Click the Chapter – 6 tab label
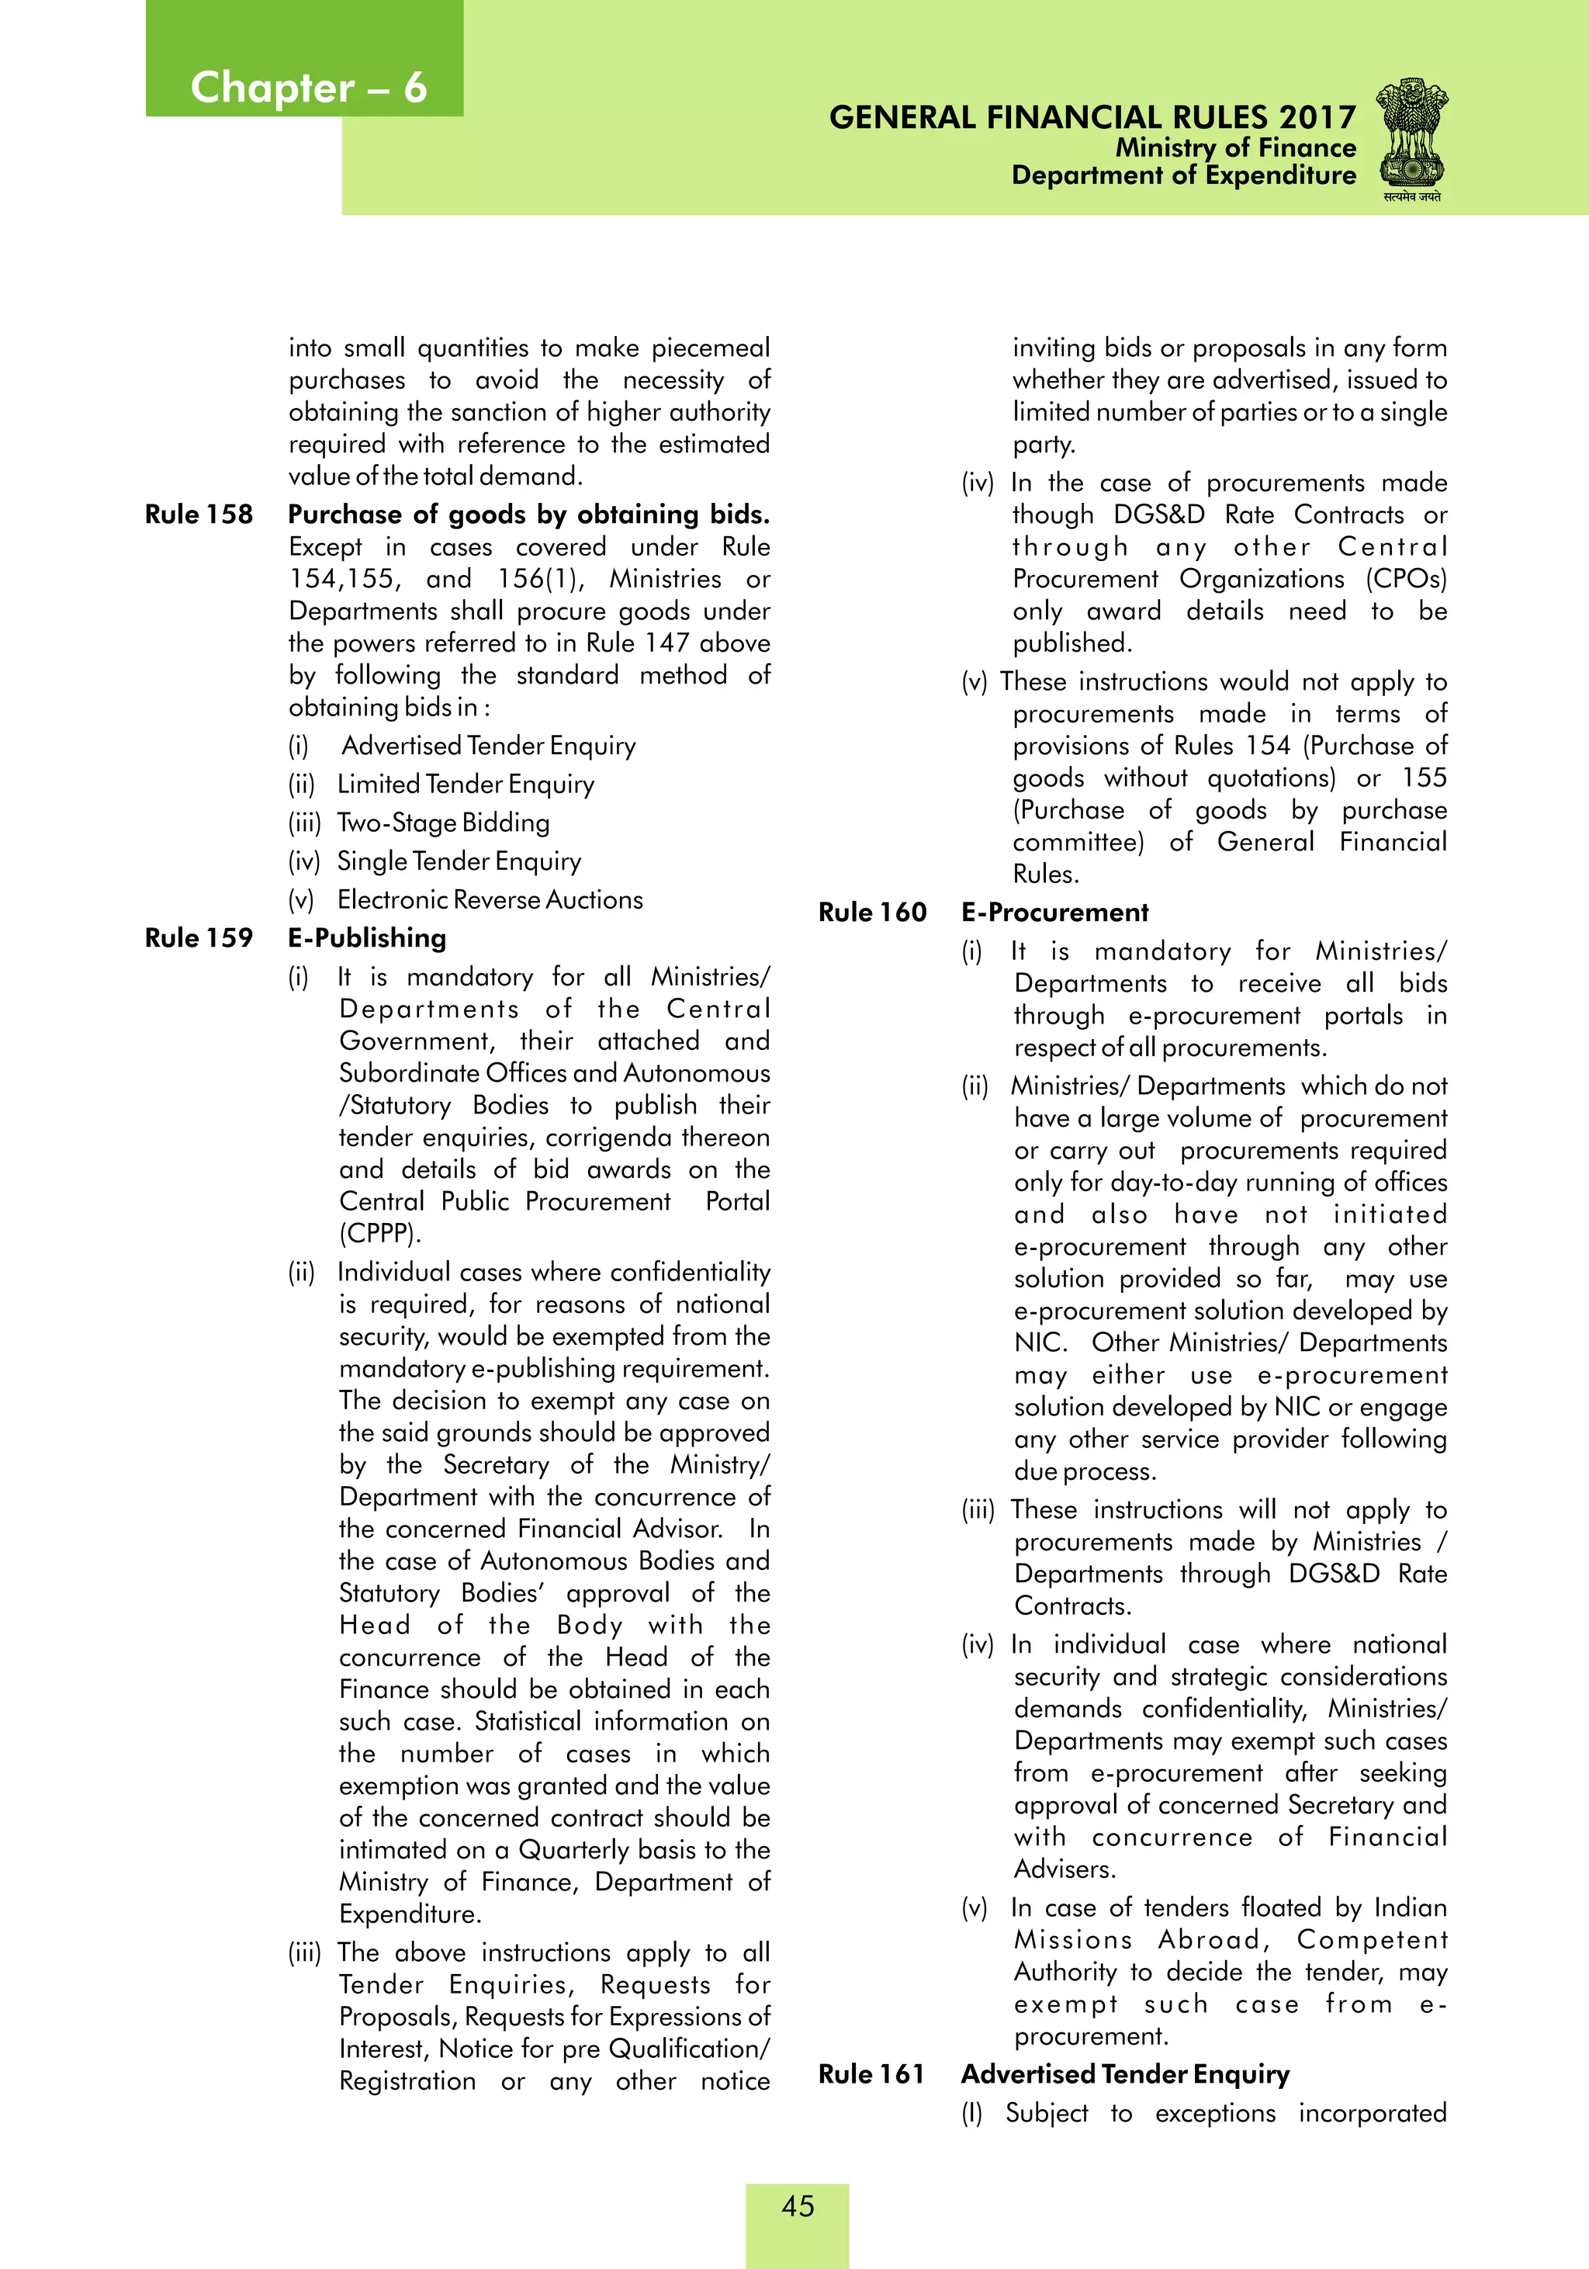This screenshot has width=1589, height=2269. coord(307,87)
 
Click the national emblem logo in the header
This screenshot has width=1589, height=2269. coord(1412,137)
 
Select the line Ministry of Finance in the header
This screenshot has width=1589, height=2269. coord(1235,147)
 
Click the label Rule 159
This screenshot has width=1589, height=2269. coord(199,938)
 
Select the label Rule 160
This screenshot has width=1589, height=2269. coord(871,912)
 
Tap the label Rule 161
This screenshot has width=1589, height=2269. coord(871,2073)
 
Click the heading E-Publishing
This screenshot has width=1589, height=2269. coord(367,938)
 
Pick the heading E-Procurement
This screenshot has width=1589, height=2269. coord(1054,912)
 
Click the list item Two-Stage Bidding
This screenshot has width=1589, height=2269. coord(443,823)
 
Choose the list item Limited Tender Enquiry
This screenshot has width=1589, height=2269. coord(466,784)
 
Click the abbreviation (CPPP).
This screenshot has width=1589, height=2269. coord(380,1233)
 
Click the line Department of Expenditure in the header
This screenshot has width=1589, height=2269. coord(1183,176)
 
